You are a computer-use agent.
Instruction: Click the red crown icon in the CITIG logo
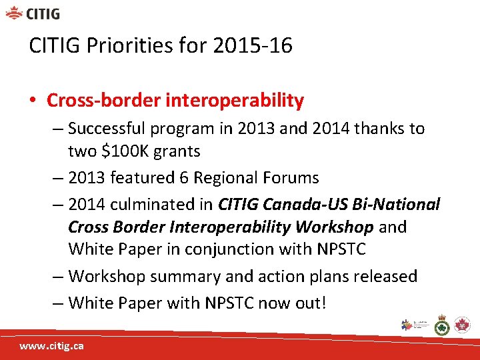point(15,13)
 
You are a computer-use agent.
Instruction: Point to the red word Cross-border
point(103,101)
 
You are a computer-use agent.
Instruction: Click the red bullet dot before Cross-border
point(33,101)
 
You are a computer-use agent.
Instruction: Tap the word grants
point(177,151)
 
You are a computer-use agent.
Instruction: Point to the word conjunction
point(261,249)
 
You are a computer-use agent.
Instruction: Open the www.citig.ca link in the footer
point(51,347)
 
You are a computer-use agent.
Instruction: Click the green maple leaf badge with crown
point(442,325)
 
